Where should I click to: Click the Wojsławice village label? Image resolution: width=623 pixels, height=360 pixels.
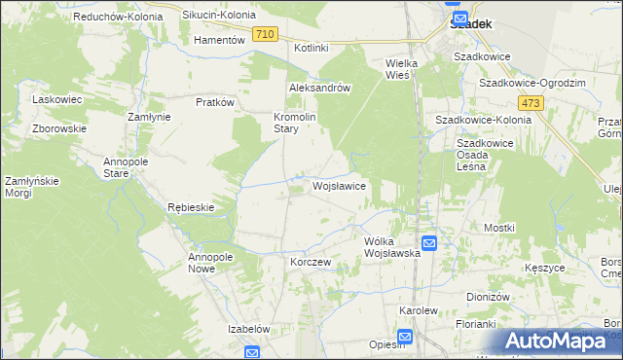(x=339, y=185)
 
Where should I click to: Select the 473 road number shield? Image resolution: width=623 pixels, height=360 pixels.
(x=531, y=102)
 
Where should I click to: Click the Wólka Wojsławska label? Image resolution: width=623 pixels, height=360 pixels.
(x=391, y=246)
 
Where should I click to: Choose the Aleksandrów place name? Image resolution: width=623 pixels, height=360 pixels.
(x=319, y=87)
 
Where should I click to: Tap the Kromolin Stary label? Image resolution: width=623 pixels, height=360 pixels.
(x=292, y=122)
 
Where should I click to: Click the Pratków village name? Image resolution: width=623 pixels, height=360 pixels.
(x=216, y=101)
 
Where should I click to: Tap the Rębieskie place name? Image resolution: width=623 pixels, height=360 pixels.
(x=190, y=207)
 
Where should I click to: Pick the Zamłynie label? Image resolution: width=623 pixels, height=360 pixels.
(x=150, y=116)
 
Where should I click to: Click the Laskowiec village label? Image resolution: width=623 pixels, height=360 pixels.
(x=55, y=100)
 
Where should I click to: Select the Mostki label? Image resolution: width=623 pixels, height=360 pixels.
(x=498, y=227)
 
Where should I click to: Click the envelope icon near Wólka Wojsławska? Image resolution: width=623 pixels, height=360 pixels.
(x=429, y=242)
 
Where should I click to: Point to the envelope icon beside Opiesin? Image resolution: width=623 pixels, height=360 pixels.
(x=406, y=338)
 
